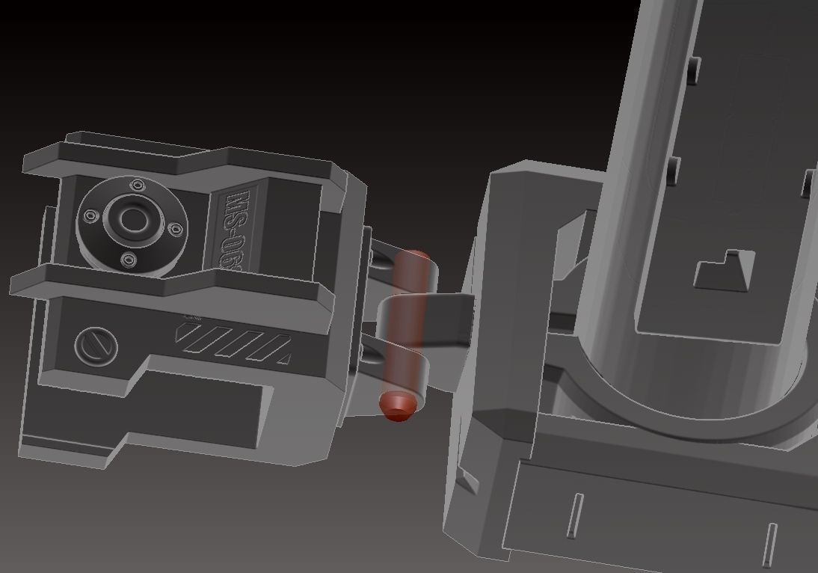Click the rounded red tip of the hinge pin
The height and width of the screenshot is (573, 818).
click(398, 405)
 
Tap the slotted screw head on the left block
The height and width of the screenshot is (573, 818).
click(96, 346)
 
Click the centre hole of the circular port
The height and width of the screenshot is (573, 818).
click(133, 220)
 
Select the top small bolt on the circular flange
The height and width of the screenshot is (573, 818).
click(137, 186)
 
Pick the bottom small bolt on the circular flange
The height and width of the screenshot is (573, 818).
click(128, 260)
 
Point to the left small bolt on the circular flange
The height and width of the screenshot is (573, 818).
click(90, 216)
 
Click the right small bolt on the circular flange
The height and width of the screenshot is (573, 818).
click(176, 229)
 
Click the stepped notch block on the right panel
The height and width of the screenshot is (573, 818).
click(723, 272)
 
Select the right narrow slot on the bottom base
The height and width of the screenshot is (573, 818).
click(769, 545)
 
